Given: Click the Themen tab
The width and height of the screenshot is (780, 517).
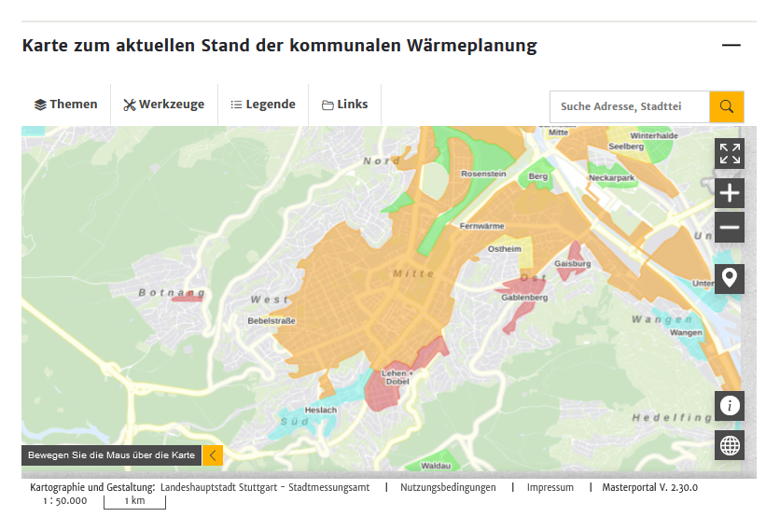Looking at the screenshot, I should [66, 105].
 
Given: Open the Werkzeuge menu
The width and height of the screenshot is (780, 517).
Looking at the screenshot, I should [163, 105].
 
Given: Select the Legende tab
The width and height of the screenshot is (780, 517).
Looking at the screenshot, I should [263, 105].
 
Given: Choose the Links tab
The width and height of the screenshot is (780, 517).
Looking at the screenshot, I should [345, 105].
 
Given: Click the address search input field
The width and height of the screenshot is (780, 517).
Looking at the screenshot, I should [629, 106].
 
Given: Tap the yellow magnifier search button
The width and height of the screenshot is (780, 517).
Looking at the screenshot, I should [727, 106].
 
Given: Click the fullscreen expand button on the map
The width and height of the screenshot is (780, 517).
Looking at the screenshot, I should [730, 154].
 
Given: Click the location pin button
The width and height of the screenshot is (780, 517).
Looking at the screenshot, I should [730, 278].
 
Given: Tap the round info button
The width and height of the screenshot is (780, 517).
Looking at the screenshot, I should [730, 405].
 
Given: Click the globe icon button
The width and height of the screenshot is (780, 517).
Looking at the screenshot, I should [730, 446].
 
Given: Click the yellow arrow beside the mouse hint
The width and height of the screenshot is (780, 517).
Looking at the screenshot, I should [213, 455].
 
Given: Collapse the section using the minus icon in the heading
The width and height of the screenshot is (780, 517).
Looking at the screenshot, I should [731, 45].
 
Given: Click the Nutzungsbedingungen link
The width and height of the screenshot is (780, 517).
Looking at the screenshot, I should [449, 487].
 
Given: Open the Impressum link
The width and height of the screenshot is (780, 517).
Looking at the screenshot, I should [550, 487].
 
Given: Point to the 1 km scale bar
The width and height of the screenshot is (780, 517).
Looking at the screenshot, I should [134, 501].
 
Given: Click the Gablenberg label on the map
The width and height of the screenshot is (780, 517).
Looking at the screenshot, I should [524, 298].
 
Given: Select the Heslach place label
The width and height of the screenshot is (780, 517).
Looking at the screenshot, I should [320, 411].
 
